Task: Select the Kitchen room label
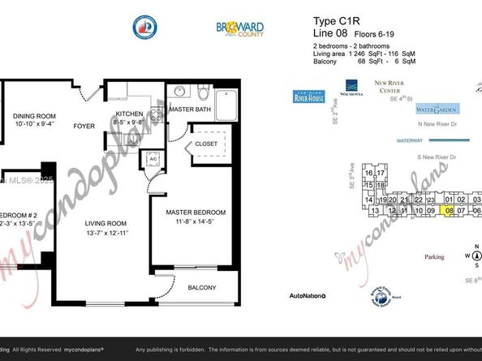[x=131, y=114]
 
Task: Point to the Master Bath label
[x=189, y=110]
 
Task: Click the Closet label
[x=205, y=145]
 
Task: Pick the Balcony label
[x=203, y=287]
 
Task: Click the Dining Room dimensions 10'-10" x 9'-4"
[x=33, y=124]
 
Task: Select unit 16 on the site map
[x=369, y=174]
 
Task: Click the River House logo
[x=309, y=98]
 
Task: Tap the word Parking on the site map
[x=435, y=257]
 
